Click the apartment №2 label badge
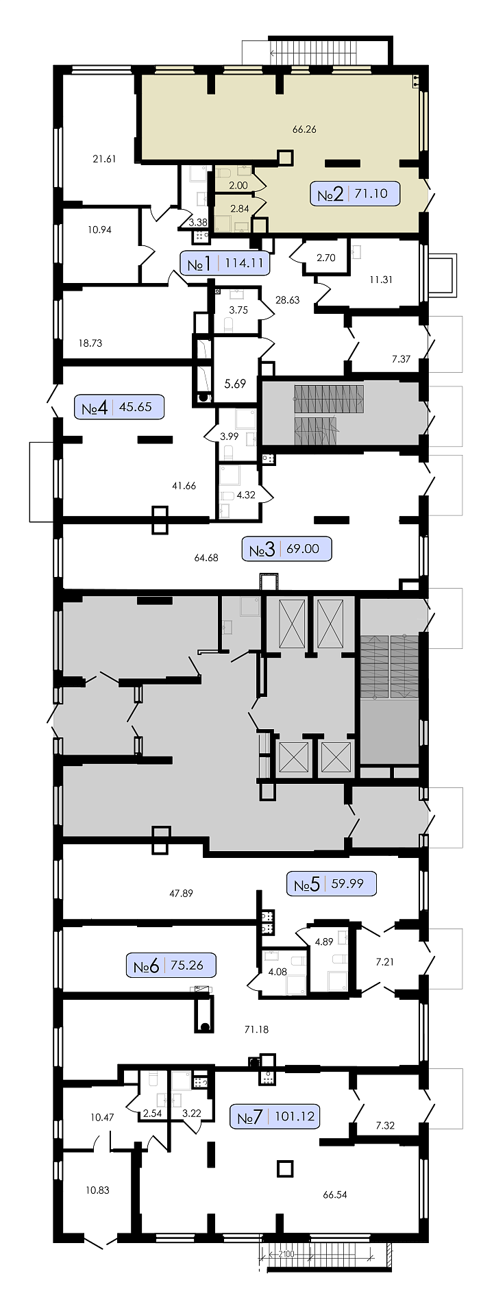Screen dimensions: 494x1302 tap(355, 194)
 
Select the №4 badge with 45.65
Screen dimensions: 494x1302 tap(119, 407)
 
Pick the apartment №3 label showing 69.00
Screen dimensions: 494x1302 tap(287, 549)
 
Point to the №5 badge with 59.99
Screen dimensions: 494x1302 tap(332, 883)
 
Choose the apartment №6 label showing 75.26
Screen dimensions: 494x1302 tap(171, 966)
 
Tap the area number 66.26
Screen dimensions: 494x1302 tap(304, 129)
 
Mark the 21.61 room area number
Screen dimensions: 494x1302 tap(104, 159)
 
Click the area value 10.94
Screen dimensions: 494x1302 tap(99, 230)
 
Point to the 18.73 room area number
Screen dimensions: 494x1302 tap(90, 343)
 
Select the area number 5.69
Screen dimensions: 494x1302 tap(235, 384)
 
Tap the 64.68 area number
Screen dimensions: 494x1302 tap(206, 558)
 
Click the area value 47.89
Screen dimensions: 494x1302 tap(181, 893)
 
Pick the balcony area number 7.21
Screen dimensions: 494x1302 tap(385, 961)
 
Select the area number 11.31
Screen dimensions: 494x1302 tap(381, 279)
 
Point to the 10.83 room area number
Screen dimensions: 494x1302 tap(97, 1190)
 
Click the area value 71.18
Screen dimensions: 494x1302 tap(256, 1029)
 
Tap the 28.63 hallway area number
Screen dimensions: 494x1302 tap(287, 299)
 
